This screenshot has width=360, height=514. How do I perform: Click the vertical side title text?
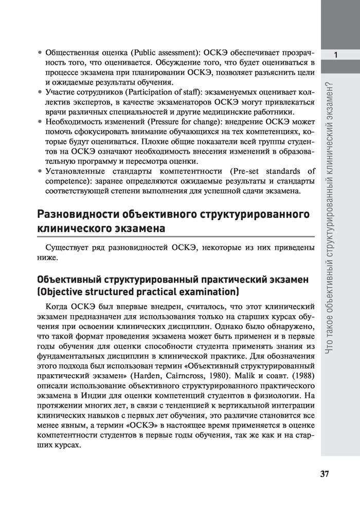335,218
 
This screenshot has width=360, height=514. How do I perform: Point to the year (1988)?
301,377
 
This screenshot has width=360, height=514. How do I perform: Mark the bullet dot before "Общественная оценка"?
40,53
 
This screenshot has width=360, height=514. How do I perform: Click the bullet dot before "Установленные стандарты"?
40,172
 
